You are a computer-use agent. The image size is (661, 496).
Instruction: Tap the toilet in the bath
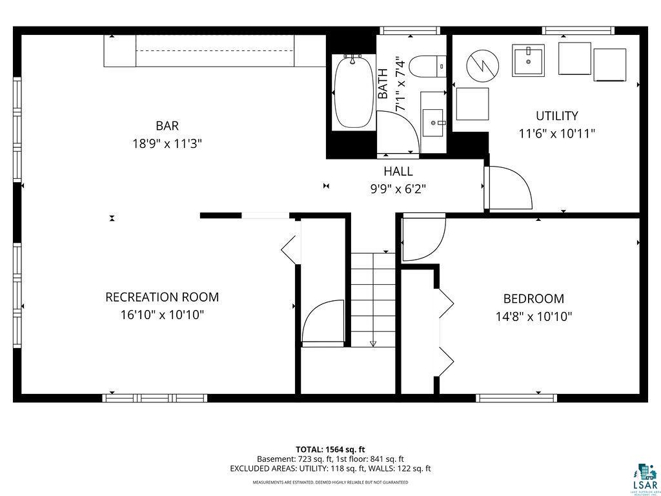coord(429,65)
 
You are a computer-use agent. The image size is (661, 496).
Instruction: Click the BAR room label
coord(167,126)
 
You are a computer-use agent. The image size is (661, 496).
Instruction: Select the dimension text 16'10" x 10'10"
coord(162,315)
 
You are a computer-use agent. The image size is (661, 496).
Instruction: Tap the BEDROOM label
coord(533,299)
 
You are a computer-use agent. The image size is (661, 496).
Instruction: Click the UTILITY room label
coord(556,116)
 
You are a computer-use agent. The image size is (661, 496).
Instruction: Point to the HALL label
coord(398,172)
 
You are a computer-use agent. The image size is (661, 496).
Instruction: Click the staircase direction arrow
coord(373,343)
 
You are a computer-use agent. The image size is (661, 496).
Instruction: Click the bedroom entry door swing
coord(423,239)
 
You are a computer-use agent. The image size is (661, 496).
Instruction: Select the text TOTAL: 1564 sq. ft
coord(330,449)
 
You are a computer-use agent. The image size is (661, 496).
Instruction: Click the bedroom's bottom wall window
coord(516,398)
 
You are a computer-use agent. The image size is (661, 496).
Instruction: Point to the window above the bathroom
coord(410,30)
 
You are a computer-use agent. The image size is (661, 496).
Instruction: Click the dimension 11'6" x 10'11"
coord(556,134)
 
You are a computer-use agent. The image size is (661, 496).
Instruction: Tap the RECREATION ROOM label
coord(162,298)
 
